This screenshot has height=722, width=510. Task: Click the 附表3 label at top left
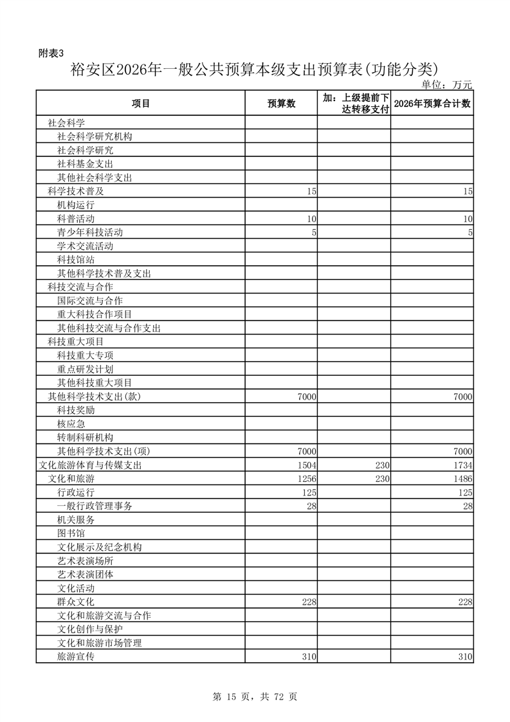point(51,53)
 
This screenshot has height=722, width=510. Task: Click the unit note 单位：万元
point(446,84)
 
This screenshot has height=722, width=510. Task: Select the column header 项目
point(140,104)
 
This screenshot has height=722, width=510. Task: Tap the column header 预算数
point(281,104)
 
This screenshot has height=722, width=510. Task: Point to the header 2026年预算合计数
point(432,104)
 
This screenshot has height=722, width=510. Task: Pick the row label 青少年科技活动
point(90,232)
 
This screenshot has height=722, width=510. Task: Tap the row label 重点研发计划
point(86,369)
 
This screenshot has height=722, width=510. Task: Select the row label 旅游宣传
point(76,656)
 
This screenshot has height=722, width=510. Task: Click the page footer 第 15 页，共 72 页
point(255,696)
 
